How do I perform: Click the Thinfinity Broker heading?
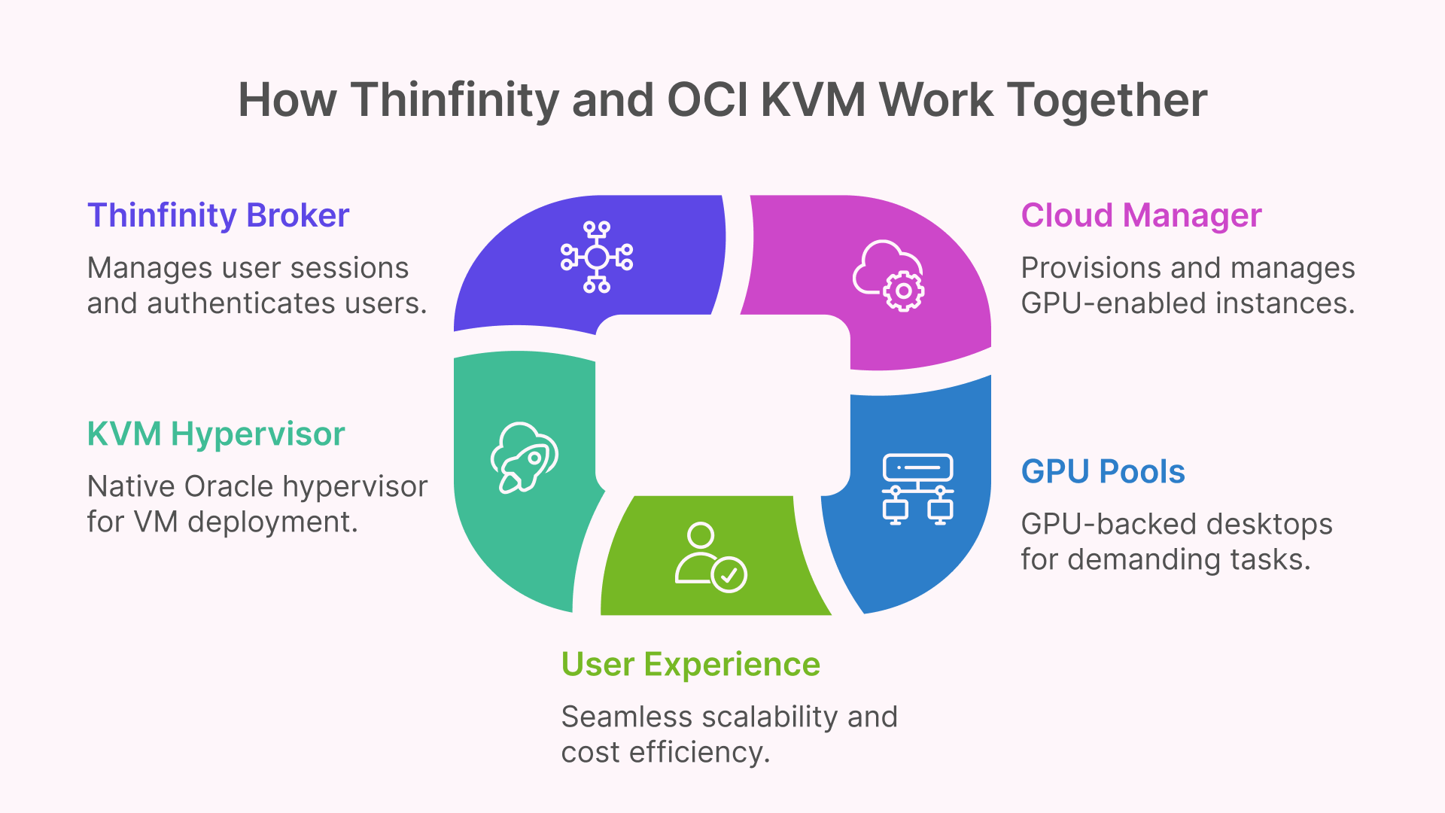pyautogui.click(x=218, y=216)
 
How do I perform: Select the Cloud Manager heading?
pyautogui.click(x=1141, y=216)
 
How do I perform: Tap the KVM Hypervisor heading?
pyautogui.click(x=216, y=434)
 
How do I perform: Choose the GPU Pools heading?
pyautogui.click(x=1103, y=472)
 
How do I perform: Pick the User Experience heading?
pyautogui.click(x=690, y=665)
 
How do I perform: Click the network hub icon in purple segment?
pyautogui.click(x=597, y=257)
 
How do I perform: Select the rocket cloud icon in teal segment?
pyautogui.click(x=524, y=457)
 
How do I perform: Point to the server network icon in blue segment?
pyautogui.click(x=917, y=489)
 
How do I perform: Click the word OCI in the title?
pyautogui.click(x=707, y=100)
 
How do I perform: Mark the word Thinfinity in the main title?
pyautogui.click(x=455, y=100)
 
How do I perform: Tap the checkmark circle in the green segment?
pyautogui.click(x=729, y=575)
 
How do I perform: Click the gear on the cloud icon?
pyautogui.click(x=903, y=291)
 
